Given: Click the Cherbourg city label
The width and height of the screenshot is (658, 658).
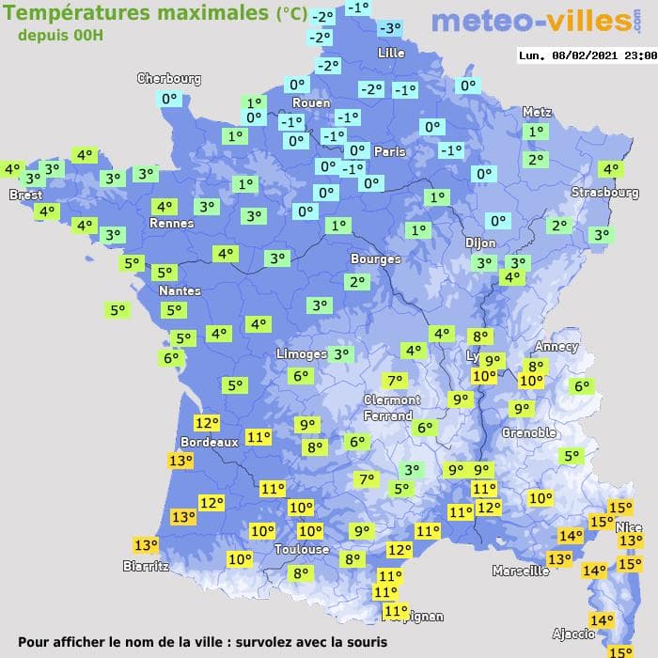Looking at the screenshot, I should click(169, 79).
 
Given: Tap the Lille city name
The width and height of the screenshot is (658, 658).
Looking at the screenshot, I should click(390, 54).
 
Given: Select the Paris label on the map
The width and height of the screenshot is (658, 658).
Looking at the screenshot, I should click(389, 151).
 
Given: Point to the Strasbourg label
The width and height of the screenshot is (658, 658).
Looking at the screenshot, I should click(604, 193).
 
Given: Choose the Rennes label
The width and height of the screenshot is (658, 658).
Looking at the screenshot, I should click(171, 224).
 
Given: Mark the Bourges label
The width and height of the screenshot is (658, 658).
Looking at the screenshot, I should click(375, 259).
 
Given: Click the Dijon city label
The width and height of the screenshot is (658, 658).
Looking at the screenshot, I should click(480, 243).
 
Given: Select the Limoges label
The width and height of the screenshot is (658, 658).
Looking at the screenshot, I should click(301, 354).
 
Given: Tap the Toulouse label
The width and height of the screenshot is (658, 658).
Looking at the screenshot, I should click(302, 550).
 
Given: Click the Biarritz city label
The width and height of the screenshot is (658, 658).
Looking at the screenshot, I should click(146, 566).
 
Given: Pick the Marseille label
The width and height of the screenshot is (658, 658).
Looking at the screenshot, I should click(521, 571).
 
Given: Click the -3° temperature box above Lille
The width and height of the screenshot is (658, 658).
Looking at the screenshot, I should click(389, 29).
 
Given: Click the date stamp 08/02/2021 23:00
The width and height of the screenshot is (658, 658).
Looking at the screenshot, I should click(587, 55).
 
